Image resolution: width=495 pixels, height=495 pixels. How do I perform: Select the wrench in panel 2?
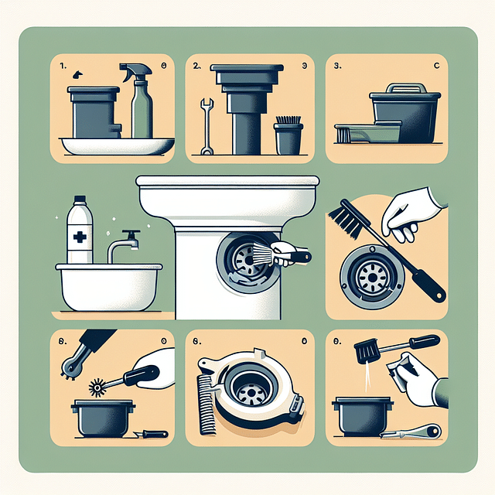[x=207, y=126]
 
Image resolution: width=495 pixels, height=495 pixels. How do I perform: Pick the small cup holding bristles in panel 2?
[x=287, y=135]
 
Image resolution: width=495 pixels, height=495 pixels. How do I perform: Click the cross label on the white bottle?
[x=79, y=233]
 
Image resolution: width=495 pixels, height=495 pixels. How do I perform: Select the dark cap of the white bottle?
[x=78, y=203]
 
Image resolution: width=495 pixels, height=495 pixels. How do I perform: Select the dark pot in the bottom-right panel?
[x=360, y=415]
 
